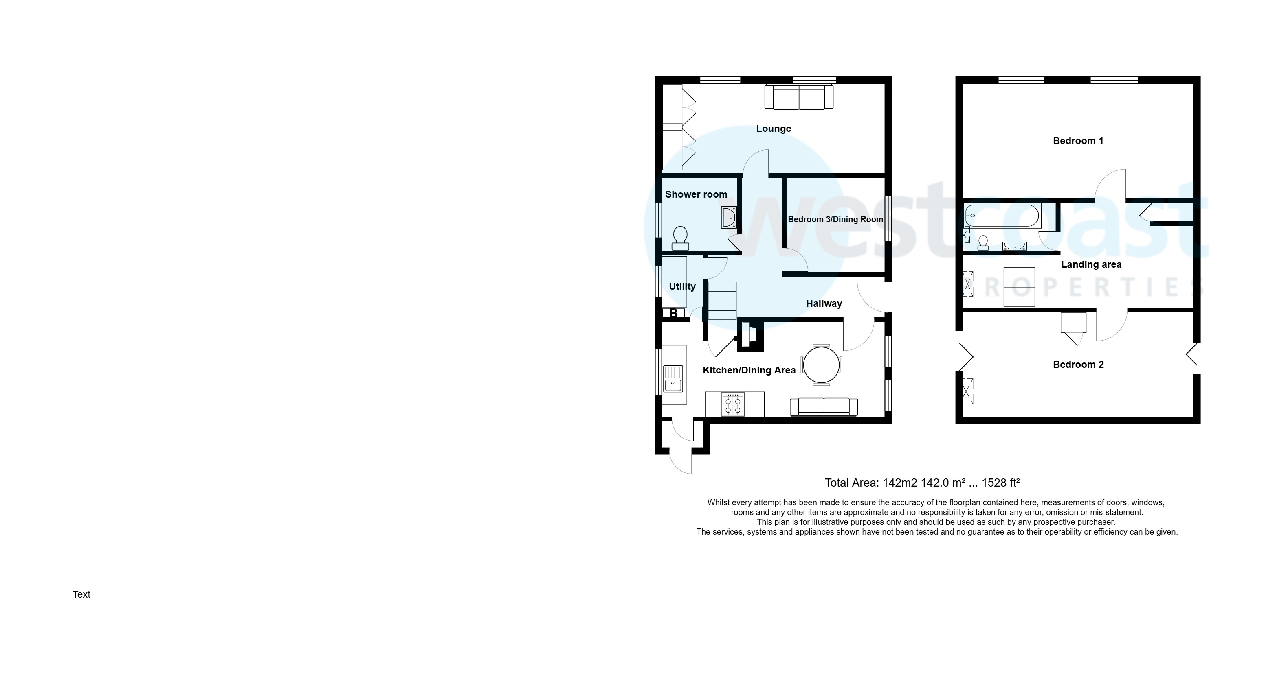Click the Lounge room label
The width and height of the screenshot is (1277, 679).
tap(774, 129)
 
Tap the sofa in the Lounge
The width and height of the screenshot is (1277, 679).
tap(799, 97)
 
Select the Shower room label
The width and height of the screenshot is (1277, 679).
tap(696, 194)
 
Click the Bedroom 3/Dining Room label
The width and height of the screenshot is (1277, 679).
tap(835, 219)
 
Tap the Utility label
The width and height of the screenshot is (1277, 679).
tap(682, 286)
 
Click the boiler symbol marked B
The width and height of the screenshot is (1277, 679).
tap(674, 313)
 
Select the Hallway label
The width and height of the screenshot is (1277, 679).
tap(824, 303)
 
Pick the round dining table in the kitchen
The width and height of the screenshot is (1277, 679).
tap(822, 365)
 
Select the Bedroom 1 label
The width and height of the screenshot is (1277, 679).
tap(1078, 141)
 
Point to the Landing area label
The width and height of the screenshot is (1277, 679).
tap(1091, 264)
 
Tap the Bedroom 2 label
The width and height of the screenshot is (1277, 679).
tap(1078, 365)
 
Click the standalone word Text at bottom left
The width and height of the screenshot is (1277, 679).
tap(81, 594)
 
